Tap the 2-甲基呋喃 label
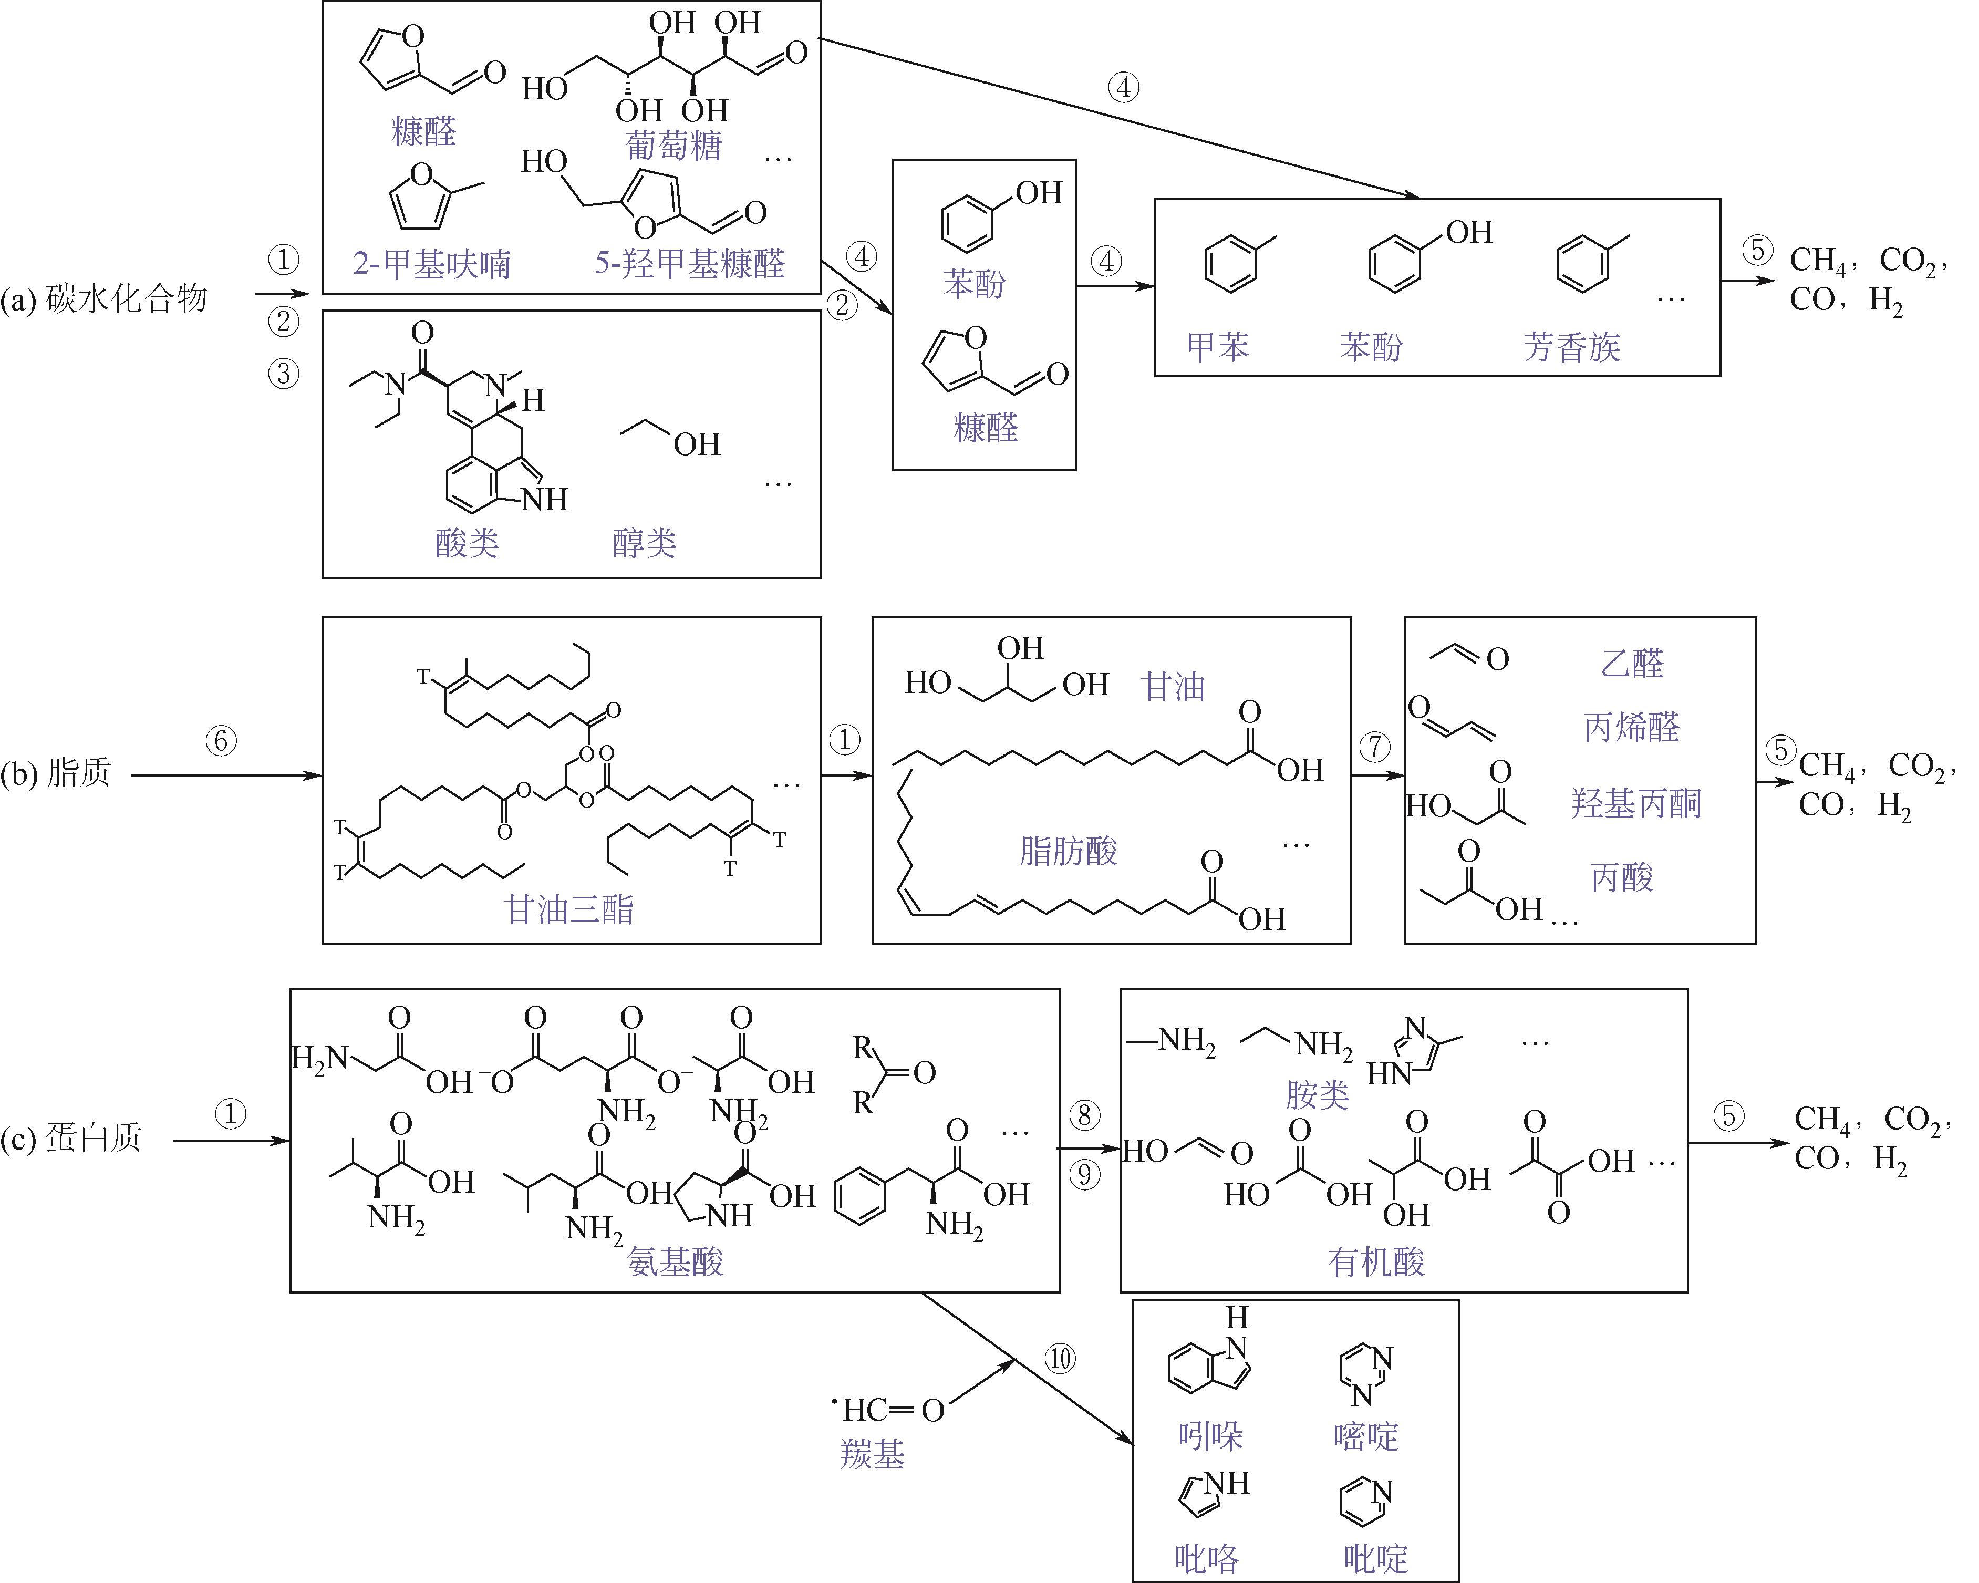coord(431,264)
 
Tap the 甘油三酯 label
coord(569,909)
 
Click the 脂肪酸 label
coord(1068,851)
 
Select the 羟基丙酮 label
coord(1636,803)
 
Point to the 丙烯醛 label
coord(1631,727)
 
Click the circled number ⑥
coord(220,741)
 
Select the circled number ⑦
coord(1374,747)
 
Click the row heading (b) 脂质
coord(56,774)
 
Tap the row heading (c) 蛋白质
coord(71,1139)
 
